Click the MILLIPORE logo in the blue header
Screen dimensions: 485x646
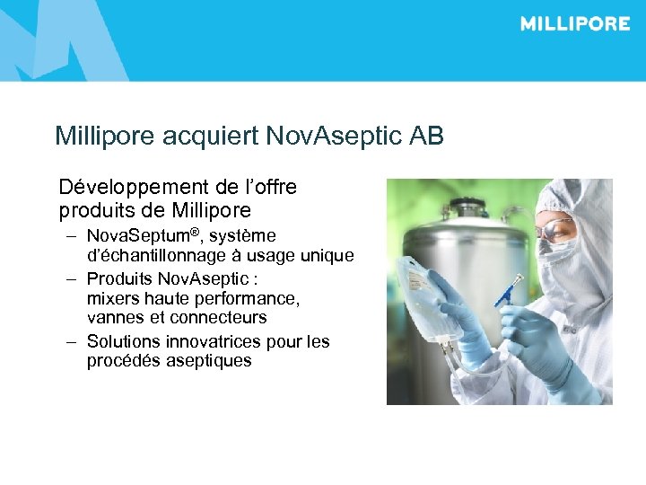click(x=574, y=24)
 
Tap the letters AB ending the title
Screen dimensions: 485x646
click(x=426, y=137)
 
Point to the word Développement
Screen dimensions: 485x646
click(x=135, y=188)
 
